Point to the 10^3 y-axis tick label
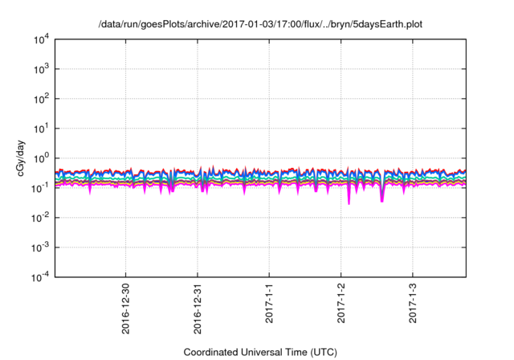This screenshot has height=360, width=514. tap(40, 69)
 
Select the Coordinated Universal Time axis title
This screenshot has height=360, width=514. tap(260, 352)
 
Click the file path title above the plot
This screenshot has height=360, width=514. tap(260, 24)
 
